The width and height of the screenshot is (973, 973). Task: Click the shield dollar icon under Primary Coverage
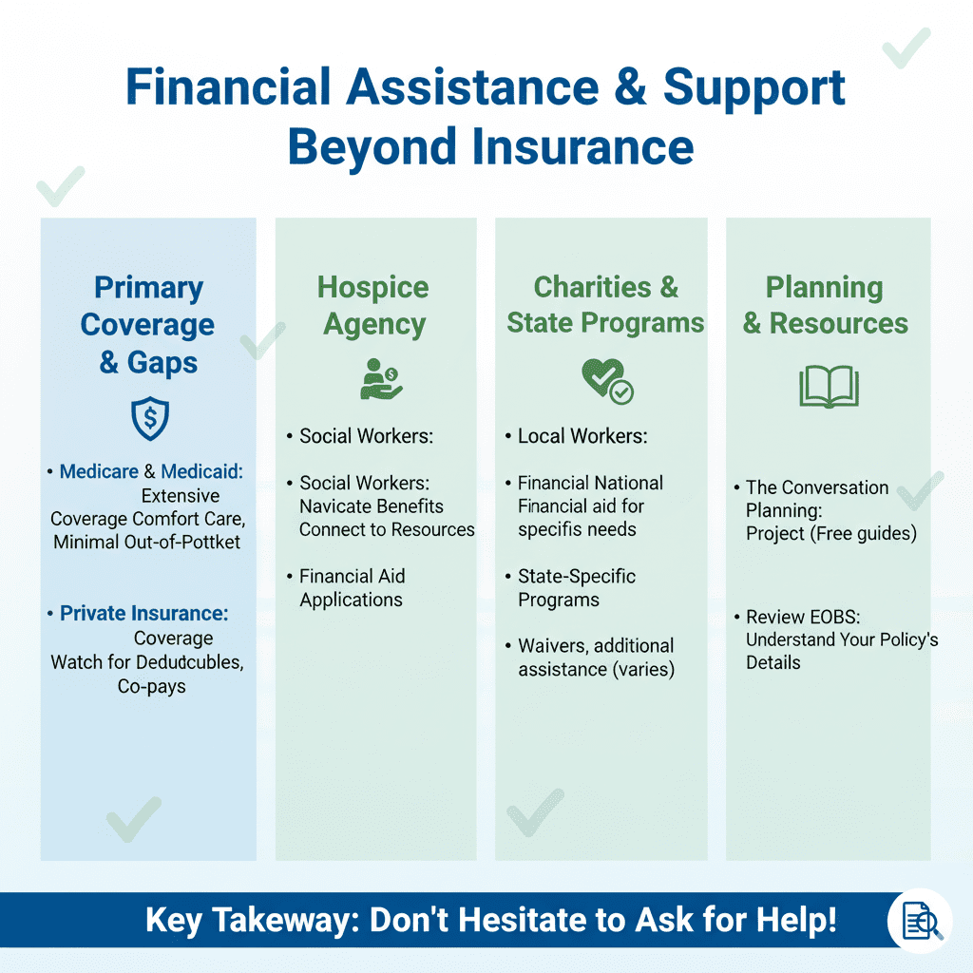149,420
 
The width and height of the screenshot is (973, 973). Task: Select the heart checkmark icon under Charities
606,380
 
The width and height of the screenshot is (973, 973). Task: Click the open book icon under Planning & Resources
829,387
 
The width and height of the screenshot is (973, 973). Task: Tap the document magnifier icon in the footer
918,921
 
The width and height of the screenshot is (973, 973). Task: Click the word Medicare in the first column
99,471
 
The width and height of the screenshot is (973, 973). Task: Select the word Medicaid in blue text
202,471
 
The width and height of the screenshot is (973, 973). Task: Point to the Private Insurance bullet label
143,614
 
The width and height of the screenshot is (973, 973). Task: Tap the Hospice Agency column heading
373,305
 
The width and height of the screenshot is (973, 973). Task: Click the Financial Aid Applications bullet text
352,588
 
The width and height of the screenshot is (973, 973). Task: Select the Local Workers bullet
582,437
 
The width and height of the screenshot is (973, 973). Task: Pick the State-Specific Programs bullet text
577,588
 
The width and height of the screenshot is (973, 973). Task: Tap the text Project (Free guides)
830,534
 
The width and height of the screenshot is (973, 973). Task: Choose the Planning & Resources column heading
825,305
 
